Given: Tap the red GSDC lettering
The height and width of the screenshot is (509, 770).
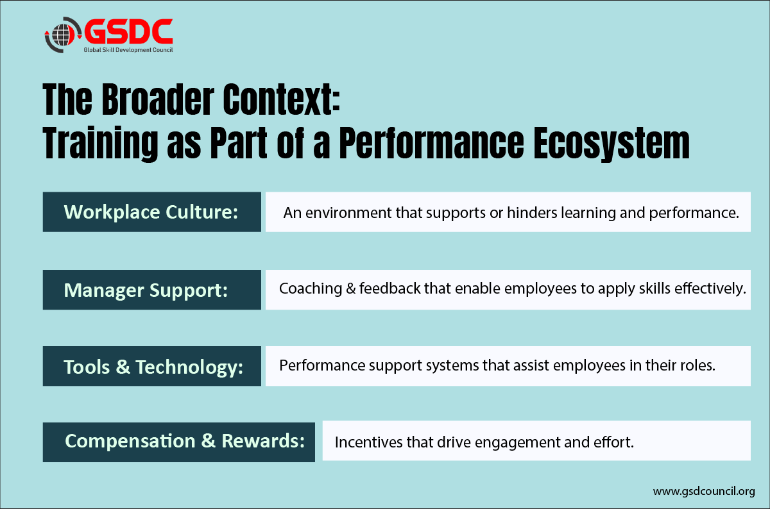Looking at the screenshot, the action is [128, 31].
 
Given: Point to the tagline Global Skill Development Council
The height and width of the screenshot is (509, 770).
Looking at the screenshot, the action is [128, 50].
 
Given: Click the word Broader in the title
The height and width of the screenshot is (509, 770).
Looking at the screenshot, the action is [158, 99].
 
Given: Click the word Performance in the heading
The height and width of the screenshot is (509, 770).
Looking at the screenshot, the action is [432, 143].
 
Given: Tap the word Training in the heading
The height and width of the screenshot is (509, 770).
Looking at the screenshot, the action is [100, 144].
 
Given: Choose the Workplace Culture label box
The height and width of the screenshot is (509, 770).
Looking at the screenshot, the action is [152, 212].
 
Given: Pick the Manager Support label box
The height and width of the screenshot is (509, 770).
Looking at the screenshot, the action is [152, 290].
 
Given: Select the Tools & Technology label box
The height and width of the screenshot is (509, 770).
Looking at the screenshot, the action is [152, 366].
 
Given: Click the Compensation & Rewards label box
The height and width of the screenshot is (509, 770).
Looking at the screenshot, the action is [179, 442].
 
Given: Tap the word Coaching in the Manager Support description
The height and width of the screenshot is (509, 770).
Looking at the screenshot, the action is [311, 289].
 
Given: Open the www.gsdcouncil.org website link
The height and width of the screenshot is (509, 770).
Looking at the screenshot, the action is [704, 492].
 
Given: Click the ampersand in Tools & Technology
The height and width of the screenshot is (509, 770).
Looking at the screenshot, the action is [123, 367].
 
